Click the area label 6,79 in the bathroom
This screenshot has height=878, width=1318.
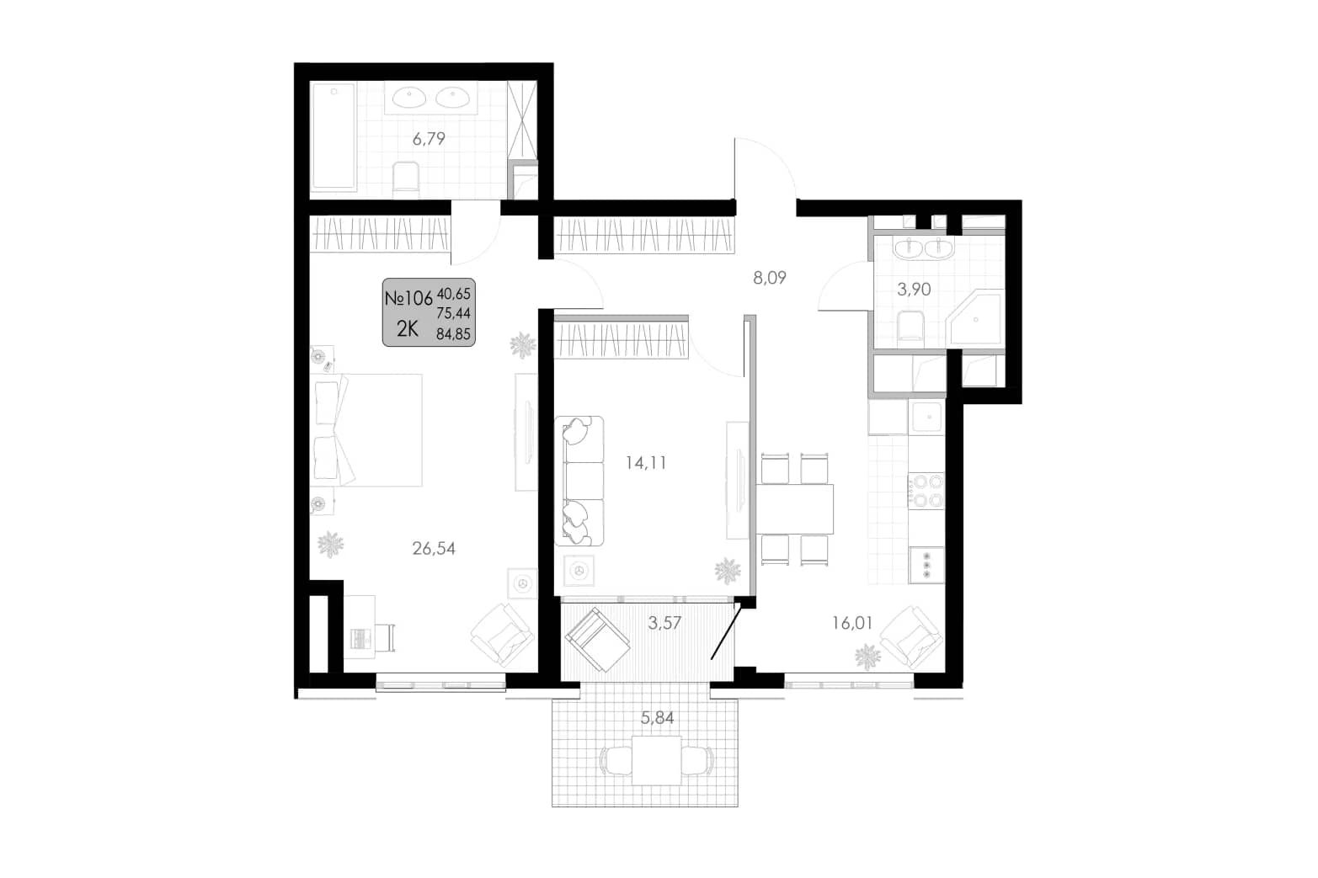pos(429,139)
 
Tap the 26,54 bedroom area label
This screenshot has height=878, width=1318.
pos(434,548)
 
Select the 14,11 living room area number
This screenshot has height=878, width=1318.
pos(645,463)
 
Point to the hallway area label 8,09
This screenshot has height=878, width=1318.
pos(770,278)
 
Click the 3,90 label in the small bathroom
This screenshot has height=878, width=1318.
pos(914,289)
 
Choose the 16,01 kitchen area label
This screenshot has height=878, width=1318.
pos(852,623)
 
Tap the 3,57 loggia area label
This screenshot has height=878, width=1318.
pos(664,623)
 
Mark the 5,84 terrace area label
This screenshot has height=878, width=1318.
pos(657,718)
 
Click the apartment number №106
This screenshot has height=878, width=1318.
pos(408,298)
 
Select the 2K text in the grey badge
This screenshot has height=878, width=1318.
pos(407,329)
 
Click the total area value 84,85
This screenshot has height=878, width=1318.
pos(453,334)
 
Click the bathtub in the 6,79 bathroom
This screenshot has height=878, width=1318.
pos(334,137)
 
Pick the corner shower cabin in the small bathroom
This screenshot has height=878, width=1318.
pos(974,317)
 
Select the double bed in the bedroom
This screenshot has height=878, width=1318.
pos(366,430)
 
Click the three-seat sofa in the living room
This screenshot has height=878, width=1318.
pos(579,481)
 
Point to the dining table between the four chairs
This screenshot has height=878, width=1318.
pos(795,508)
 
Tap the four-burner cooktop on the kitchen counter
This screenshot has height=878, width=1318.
pos(926,492)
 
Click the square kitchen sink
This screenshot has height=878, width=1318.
pos(926,417)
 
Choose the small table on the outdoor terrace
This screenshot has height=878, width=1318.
pos(657,760)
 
